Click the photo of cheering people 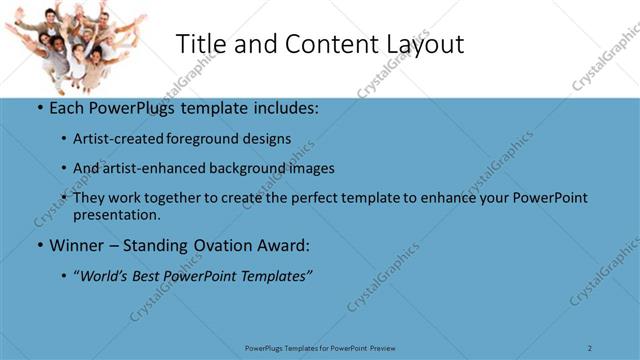point(73,44)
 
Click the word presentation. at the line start point(116,214)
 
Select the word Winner point(77,245)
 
